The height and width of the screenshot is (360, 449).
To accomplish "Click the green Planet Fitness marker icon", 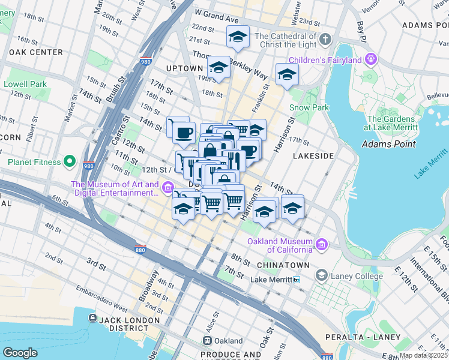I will tap(70, 162).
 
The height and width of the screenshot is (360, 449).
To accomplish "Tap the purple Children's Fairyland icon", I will tap(372, 59).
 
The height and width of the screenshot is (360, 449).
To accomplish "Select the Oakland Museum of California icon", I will tap(322, 245).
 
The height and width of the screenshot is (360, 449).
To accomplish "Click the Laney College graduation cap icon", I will tap(321, 276).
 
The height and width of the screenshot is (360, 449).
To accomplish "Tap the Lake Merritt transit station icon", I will tap(296, 280).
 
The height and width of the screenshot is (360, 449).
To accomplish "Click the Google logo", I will tap(20, 353).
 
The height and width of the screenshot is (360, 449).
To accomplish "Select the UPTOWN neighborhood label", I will tap(185, 68).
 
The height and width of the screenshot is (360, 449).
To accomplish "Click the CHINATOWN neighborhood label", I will tap(283, 265).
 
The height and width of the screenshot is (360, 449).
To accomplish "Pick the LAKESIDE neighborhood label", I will tap(313, 155).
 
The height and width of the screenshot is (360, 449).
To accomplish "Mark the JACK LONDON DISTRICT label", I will tap(121, 320).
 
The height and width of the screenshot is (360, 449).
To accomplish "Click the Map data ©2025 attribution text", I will tap(423, 355).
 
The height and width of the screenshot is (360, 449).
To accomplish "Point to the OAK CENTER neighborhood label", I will tap(35, 52).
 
